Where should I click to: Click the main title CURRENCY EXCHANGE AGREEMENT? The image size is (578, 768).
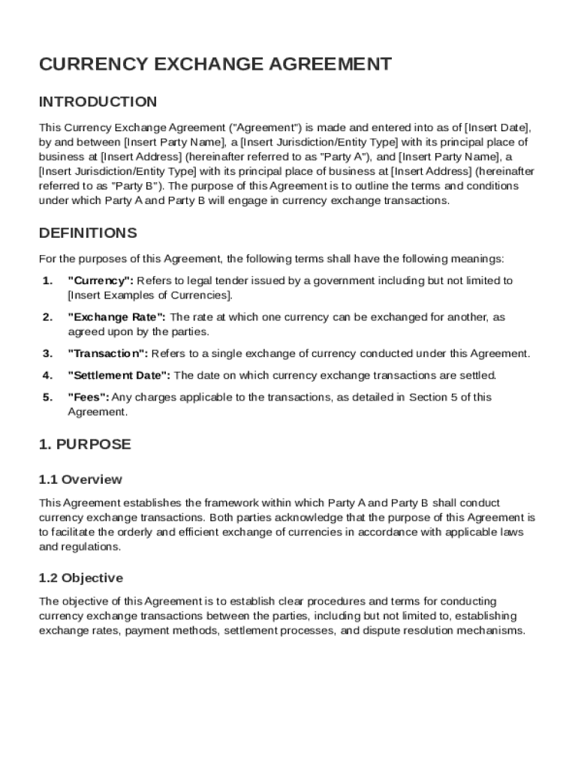point(215,64)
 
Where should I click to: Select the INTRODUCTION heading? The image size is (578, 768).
point(98,102)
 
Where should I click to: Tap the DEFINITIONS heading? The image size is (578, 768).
point(88,233)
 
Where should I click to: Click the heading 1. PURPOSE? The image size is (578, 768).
point(85,445)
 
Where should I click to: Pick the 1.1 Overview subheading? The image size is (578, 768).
point(80,479)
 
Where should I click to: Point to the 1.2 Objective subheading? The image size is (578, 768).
point(80,578)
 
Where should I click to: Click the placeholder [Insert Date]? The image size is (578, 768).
point(497,127)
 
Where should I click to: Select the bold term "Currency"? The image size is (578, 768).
point(101,280)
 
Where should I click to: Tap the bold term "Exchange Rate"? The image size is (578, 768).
point(118,317)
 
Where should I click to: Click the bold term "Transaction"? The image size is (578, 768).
point(108,354)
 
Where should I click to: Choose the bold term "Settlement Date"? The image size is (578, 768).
point(119,376)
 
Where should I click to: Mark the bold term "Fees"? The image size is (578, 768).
point(89,397)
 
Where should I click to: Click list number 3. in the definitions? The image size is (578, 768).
point(47,354)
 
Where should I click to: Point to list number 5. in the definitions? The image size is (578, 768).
point(47,397)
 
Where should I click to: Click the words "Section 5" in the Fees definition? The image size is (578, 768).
point(434,397)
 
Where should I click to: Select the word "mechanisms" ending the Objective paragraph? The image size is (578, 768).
point(491,631)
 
